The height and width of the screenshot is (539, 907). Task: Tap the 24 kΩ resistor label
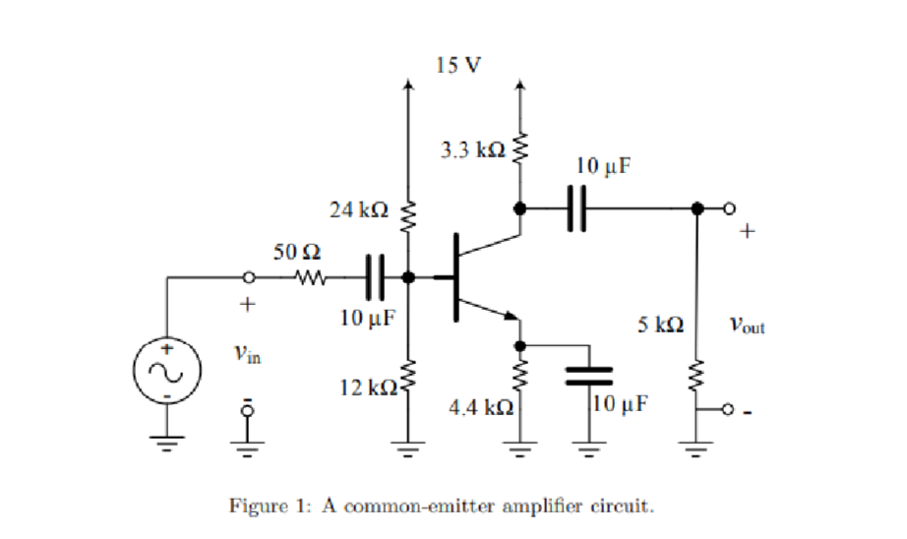click(x=359, y=210)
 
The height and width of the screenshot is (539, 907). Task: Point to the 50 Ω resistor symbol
click(x=312, y=277)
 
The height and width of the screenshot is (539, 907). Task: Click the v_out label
click(x=747, y=324)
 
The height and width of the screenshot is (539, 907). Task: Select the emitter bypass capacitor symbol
click(x=587, y=374)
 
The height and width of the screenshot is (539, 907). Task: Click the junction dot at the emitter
click(x=520, y=345)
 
